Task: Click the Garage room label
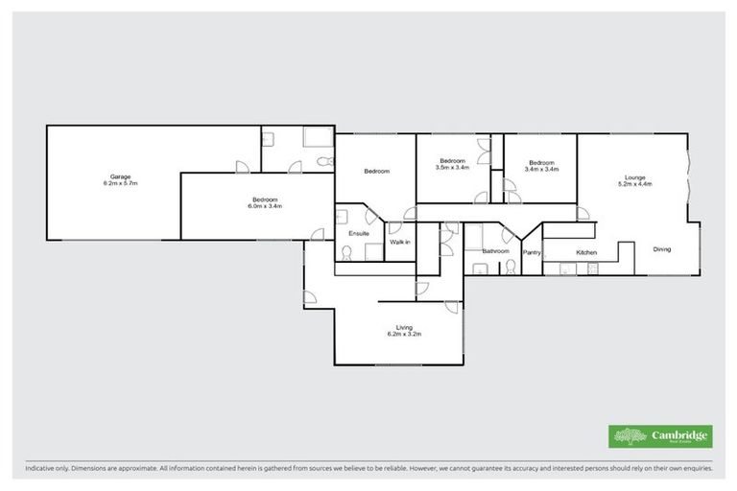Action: pos(120,176)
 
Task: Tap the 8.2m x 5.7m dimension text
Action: pos(120,183)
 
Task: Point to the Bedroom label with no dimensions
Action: pos(376,172)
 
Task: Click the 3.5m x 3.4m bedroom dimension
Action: pos(452,167)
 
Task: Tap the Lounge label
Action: pos(634,176)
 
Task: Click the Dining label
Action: pos(662,249)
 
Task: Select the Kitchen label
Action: pos(586,252)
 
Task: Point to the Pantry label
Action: pos(532,252)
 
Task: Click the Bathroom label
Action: pos(495,251)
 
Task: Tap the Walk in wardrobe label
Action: pos(400,243)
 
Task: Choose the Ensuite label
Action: pos(346,233)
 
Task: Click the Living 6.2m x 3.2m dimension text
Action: pos(404,335)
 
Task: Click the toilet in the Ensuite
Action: pos(345,253)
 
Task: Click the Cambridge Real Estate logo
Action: pos(660,435)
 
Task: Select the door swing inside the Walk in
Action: pos(393,229)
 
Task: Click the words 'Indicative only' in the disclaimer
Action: pos(48,470)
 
